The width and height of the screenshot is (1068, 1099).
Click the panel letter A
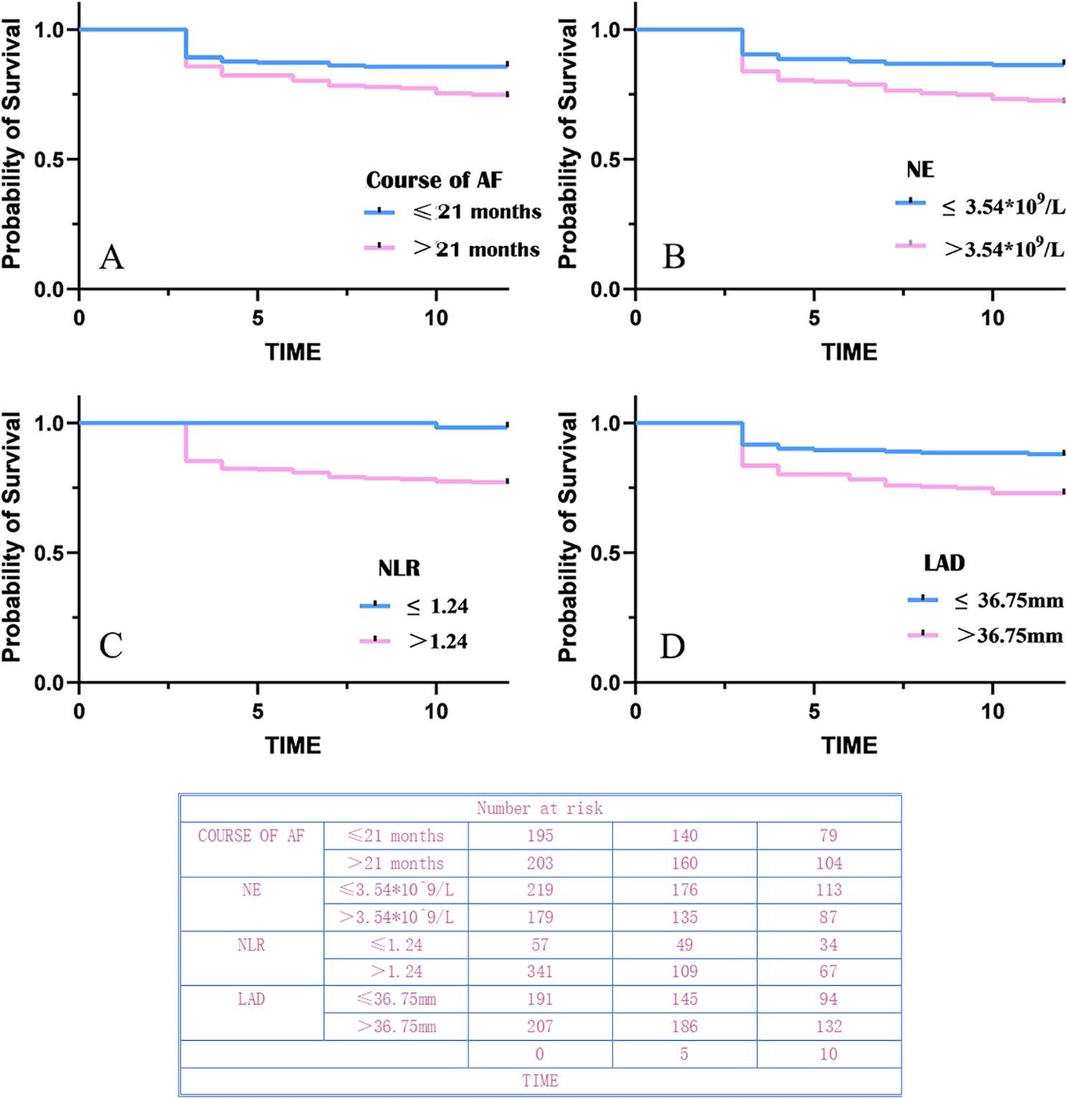point(112,257)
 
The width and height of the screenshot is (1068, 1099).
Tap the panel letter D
point(672,647)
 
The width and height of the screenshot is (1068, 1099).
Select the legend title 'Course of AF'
point(434,179)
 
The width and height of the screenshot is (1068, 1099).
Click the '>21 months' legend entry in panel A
point(476,249)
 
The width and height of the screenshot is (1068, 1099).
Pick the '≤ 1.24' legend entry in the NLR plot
point(437,606)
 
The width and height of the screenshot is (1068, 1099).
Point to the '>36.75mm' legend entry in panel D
point(1009,636)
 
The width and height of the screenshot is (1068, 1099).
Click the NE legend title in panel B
point(920,169)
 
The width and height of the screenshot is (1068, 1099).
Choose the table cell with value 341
point(539,971)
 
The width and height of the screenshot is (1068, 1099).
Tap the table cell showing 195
point(539,836)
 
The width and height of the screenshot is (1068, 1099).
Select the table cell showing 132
point(828,1027)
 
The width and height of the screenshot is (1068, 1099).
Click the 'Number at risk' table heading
point(539,808)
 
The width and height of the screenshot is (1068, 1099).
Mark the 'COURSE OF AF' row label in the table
point(251,836)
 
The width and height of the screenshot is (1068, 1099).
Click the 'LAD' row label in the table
point(251,999)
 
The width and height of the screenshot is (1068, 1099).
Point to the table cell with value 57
point(539,945)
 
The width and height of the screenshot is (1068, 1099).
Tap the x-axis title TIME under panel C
point(293,745)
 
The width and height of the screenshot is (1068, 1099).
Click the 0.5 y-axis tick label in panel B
point(605,159)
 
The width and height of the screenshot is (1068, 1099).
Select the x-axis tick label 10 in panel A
point(435,318)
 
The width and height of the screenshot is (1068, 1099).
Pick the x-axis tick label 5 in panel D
point(813,712)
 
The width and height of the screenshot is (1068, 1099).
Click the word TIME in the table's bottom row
point(539,1081)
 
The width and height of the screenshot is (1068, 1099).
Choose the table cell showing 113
point(828,890)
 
